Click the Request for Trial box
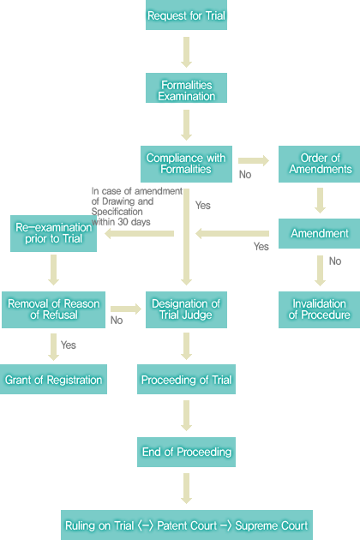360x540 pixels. point(186,15)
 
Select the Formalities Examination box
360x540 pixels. point(186,87)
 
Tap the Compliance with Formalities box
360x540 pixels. point(186,164)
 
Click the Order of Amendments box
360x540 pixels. point(320,164)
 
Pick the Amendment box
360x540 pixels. point(320,233)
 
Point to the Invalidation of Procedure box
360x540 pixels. point(320,309)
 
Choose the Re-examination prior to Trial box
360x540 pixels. point(53,233)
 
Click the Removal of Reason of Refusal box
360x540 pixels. point(53,309)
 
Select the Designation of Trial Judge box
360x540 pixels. point(186,309)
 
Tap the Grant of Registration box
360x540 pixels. point(53,379)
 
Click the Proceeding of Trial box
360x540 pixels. point(186,379)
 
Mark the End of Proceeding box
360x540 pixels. point(186,453)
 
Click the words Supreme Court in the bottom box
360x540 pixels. point(272,525)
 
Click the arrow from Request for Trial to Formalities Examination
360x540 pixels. point(186,52)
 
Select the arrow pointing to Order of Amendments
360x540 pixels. point(254,160)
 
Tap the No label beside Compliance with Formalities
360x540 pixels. point(245,175)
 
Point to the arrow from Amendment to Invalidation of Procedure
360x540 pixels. point(320,271)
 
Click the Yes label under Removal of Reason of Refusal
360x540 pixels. point(69,345)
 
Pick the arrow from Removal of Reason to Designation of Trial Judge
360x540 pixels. point(126,309)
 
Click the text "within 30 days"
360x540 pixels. point(121,222)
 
